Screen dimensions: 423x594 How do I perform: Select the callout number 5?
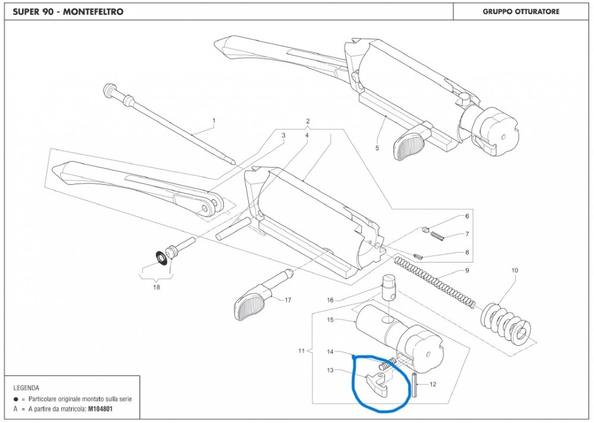pos(377,146)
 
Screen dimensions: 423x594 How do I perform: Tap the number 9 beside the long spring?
pos(467,271)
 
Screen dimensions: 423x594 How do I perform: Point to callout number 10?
pos(514,271)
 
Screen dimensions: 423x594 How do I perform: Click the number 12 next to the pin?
pos(432,384)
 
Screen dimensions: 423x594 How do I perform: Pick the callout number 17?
pos(287,300)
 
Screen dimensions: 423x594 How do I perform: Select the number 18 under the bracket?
pos(156,287)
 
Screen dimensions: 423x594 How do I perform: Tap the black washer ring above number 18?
pos(160,256)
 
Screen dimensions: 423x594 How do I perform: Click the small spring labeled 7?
pos(438,236)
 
